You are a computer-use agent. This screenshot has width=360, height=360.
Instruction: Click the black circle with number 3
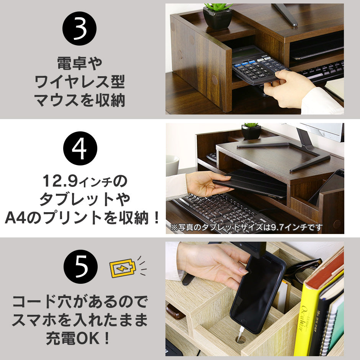click(79, 28)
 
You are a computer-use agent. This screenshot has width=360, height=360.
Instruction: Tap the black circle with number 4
click(80, 148)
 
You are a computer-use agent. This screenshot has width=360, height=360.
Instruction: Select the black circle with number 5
click(80, 267)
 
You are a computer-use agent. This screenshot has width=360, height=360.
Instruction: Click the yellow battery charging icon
click(123, 268)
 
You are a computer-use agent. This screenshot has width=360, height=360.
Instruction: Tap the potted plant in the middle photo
click(251, 131)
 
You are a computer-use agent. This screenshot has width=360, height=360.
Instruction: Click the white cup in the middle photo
click(172, 165)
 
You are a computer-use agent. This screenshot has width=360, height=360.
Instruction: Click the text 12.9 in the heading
click(60, 181)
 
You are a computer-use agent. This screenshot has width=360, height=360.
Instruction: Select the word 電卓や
click(79, 63)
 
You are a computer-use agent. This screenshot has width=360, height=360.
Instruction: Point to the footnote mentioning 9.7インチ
click(246, 227)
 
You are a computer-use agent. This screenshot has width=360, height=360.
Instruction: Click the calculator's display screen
click(244, 53)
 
